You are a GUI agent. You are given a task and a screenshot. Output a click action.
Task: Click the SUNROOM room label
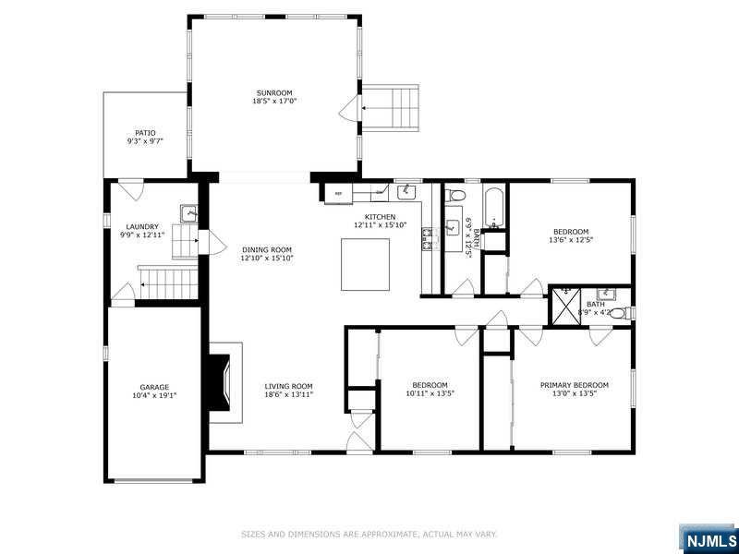click(x=273, y=92)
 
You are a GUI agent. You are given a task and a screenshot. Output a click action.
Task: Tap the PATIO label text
click(x=145, y=132)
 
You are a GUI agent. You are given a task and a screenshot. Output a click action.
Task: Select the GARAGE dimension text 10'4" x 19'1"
click(x=154, y=395)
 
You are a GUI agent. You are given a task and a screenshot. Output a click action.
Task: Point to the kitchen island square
click(x=366, y=263)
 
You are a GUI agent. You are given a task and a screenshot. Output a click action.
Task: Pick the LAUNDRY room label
click(x=142, y=226)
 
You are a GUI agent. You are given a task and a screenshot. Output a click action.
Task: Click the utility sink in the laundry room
click(x=188, y=213)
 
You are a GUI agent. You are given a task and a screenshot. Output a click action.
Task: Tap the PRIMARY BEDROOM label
click(x=575, y=385)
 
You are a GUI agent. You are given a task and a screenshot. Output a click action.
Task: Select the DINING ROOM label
click(x=267, y=249)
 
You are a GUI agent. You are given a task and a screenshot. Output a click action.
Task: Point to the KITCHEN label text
click(x=381, y=216)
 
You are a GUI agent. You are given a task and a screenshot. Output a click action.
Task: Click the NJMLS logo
click(x=709, y=538)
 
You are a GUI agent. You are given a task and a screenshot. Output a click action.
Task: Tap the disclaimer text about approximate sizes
click(x=369, y=534)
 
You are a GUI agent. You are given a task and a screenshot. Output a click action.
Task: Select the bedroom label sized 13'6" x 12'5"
click(x=571, y=232)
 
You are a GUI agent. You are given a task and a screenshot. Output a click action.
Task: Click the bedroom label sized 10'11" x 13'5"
click(x=430, y=385)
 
